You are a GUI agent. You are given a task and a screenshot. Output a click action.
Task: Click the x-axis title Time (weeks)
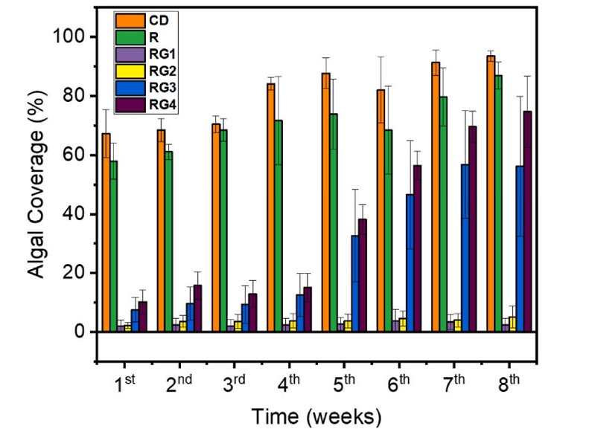[316, 415]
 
